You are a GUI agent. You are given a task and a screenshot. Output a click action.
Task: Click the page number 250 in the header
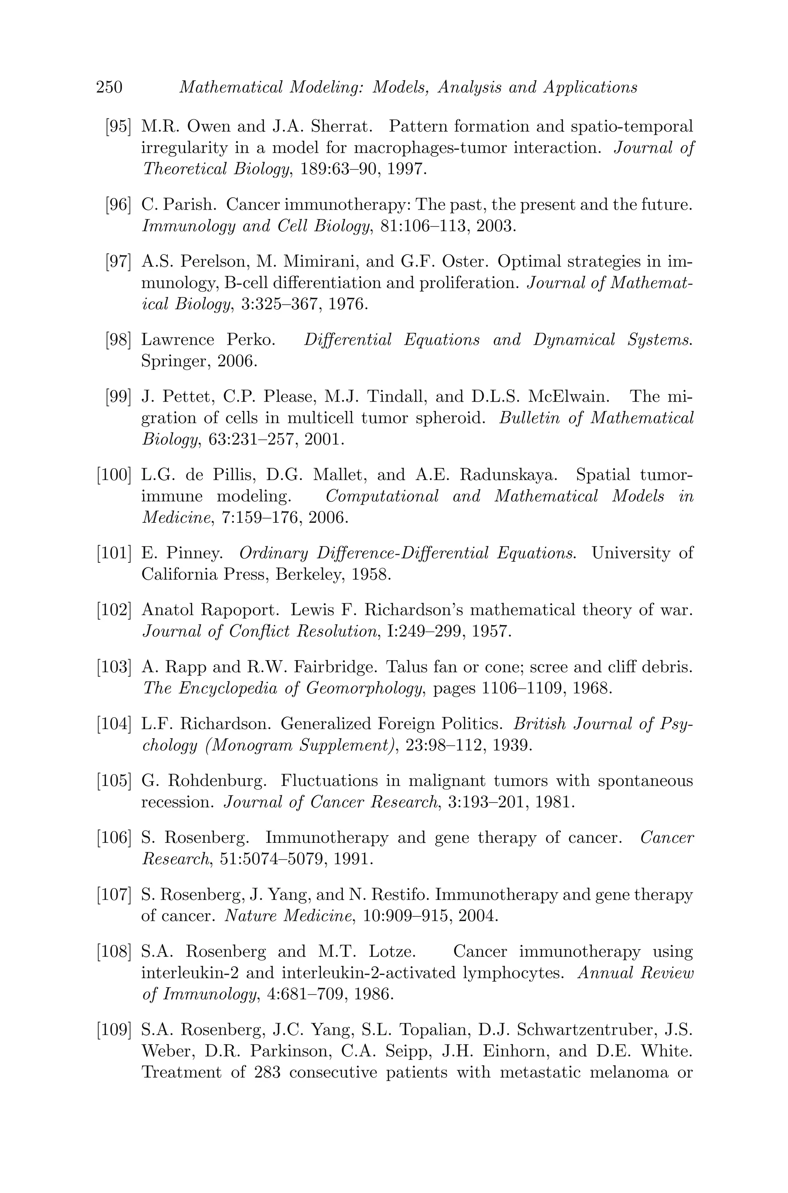click(109, 87)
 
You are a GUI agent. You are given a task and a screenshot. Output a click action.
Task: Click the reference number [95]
click(118, 126)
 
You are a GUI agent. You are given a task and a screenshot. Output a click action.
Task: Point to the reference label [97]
click(118, 262)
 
